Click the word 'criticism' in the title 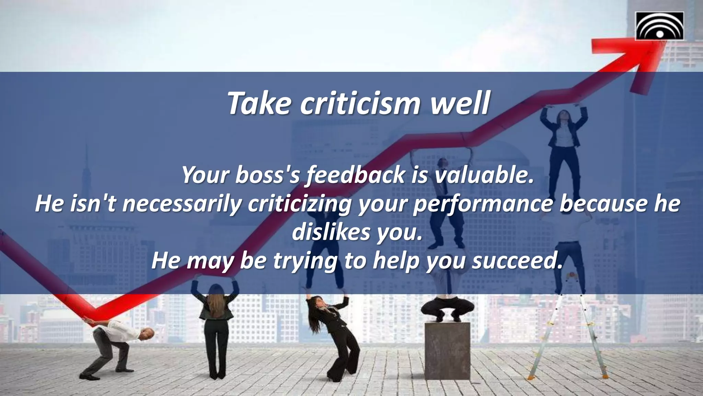pos(360,103)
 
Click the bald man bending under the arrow pos(113,340)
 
